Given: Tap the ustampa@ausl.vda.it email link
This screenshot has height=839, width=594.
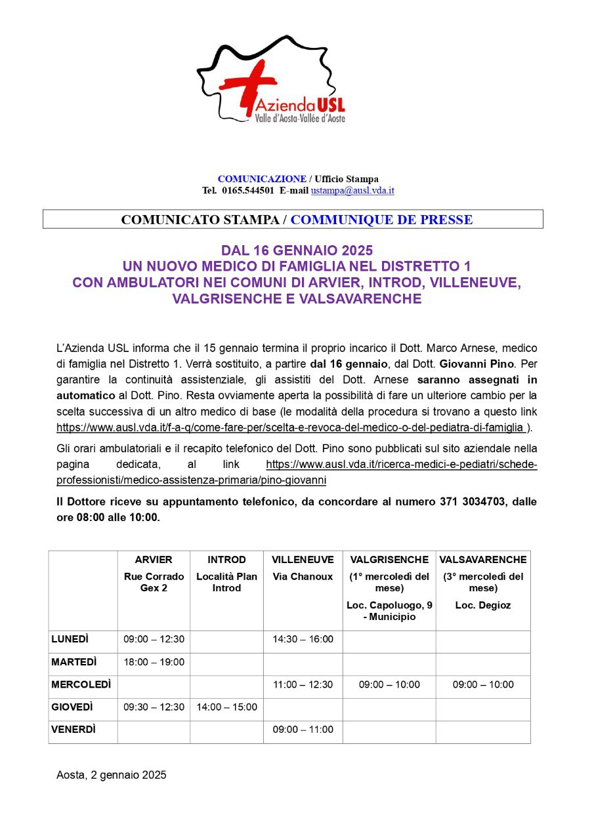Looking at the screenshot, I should point(352,191).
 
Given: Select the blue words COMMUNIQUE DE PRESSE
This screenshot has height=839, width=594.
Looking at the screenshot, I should point(381,220).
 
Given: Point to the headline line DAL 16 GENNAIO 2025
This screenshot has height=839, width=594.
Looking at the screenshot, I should point(297,250).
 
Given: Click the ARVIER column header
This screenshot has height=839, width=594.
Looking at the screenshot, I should point(154,560).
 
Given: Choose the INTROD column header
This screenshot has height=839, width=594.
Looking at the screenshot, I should point(226,560).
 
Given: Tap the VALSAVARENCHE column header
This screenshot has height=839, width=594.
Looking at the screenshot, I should point(483,560).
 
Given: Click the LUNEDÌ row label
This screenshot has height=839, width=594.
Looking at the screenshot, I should point(70,639).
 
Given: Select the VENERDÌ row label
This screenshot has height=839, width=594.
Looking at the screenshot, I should point(74,730).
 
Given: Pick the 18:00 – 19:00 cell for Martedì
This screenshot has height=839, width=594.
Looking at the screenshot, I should point(154,662).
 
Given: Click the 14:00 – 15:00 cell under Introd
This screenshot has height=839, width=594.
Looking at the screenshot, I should point(226,707).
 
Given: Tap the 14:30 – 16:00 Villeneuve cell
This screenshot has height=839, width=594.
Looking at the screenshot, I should point(303,639).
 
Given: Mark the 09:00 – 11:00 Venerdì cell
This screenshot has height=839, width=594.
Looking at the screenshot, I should point(303,730).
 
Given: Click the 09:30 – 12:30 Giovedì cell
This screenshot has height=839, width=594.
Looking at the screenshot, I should point(154,707).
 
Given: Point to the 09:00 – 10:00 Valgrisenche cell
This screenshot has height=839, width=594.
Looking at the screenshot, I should point(389,685).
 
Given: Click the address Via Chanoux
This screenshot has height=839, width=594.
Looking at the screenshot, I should point(303,577).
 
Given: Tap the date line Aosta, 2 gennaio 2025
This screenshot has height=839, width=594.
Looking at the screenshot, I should point(112,775).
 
